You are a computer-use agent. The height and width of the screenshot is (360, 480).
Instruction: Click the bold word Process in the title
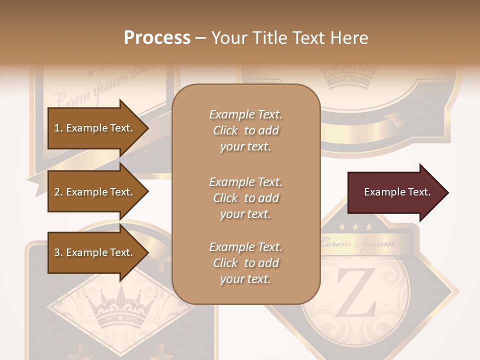coord(157,38)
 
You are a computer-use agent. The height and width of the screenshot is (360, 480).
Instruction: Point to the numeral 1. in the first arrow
coord(58,128)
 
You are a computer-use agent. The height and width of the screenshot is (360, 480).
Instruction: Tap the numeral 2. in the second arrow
coord(58,192)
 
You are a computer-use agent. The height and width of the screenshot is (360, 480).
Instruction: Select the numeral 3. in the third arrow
coord(58,252)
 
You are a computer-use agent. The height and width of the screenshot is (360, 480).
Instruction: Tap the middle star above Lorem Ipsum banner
coord(355,227)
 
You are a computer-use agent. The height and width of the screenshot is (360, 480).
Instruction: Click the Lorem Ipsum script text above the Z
coord(357,244)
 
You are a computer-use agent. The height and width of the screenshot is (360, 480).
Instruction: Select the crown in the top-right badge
coord(348,77)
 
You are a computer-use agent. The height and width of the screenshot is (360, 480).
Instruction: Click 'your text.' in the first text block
coord(245,147)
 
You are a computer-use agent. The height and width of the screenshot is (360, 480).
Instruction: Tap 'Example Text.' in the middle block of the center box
coord(245,181)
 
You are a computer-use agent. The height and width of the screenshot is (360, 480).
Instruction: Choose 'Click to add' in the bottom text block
coord(245,263)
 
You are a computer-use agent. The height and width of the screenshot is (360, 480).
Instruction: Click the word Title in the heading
coord(271,38)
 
